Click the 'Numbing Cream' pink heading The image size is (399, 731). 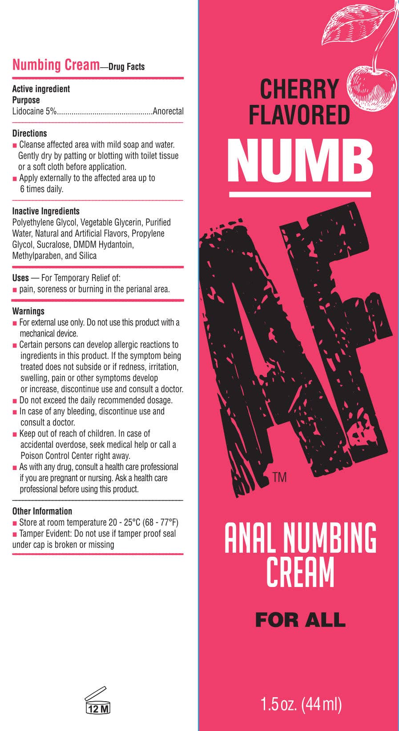click(x=56, y=65)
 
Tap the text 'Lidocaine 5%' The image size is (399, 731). click(x=34, y=111)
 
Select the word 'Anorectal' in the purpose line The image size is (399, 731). click(x=168, y=111)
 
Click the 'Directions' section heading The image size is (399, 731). click(x=29, y=133)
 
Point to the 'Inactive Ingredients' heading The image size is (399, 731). click(x=46, y=211)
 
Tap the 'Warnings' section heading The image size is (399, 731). click(x=28, y=311)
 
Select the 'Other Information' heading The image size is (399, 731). click(x=42, y=511)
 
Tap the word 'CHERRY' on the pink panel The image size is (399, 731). click(x=299, y=89)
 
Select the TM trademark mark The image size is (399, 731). click(x=279, y=478)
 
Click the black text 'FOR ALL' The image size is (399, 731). click(x=300, y=620)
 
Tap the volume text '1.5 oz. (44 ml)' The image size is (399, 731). click(x=301, y=704)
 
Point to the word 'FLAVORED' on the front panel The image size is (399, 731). click(x=299, y=115)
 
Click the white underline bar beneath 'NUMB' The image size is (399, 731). click(x=300, y=194)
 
